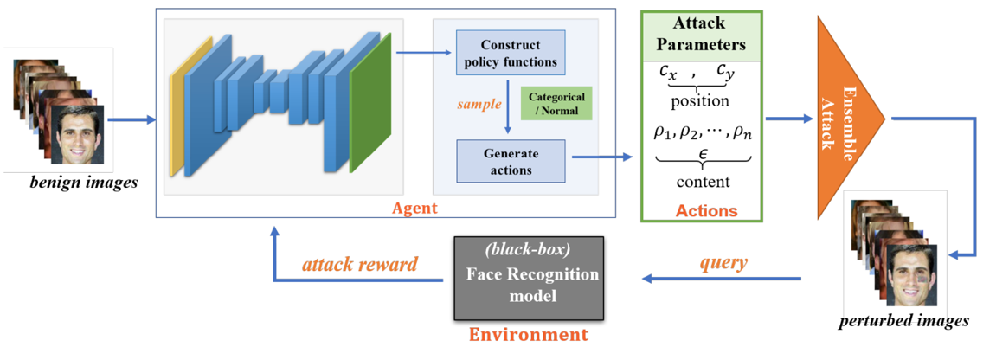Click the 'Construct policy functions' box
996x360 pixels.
[x=510, y=53]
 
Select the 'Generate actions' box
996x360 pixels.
[x=511, y=161]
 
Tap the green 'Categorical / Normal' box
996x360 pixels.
[x=556, y=102]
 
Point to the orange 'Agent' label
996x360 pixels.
[x=415, y=208]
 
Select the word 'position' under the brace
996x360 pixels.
[x=700, y=101]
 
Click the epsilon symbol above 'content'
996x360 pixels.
[x=701, y=152]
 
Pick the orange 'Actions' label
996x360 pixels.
[x=707, y=210]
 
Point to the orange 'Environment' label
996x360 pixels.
[x=528, y=335]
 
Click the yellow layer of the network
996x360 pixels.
[x=177, y=112]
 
